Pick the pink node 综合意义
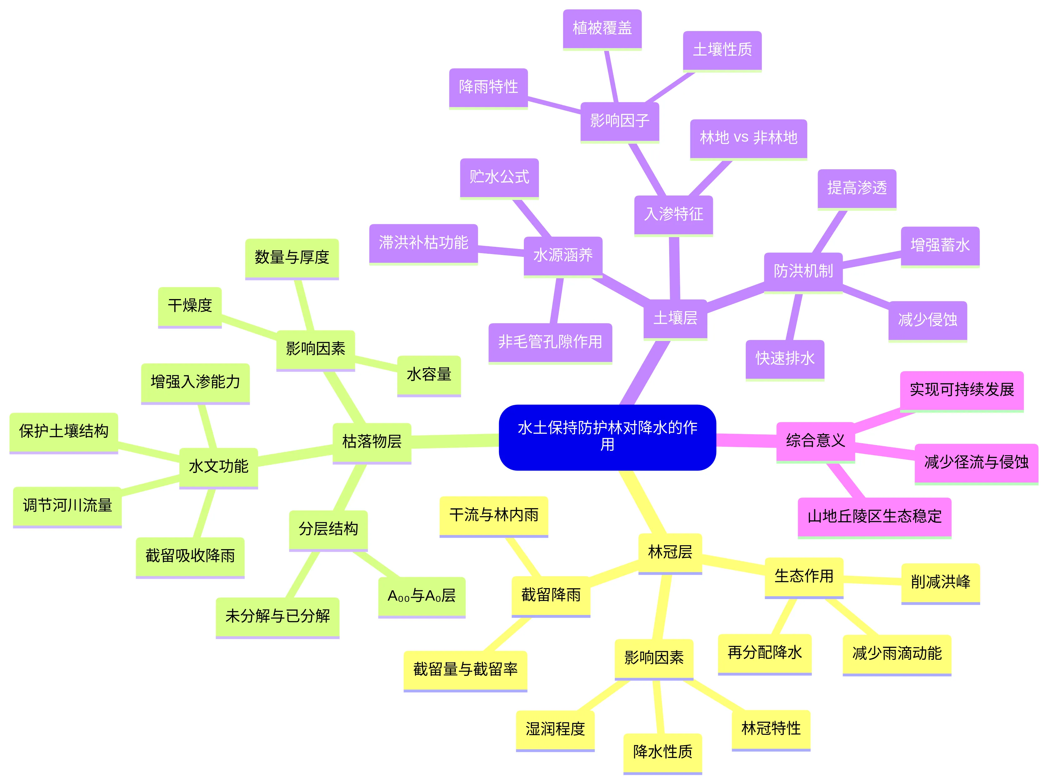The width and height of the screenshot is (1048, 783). tap(815, 442)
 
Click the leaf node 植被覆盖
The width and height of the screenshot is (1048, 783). tap(602, 29)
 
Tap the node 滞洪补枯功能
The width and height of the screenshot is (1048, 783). tap(424, 244)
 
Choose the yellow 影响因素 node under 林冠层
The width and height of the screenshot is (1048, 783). tap(654, 659)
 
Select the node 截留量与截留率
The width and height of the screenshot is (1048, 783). tap(465, 671)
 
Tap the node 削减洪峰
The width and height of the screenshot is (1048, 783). tap(940, 583)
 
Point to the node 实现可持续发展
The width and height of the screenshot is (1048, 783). tap(962, 391)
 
